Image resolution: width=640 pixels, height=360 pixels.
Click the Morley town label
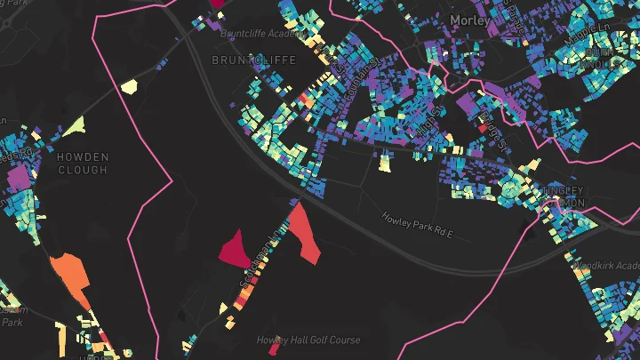pyautogui.click(x=470, y=19)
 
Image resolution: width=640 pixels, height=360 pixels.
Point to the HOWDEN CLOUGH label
pyautogui.click(x=83, y=164)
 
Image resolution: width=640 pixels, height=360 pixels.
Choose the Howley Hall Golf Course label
pyautogui.click(x=308, y=340)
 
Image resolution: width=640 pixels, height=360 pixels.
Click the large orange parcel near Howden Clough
pyautogui.click(x=70, y=275)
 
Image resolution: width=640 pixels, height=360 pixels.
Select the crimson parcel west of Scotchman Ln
pyautogui.click(x=233, y=248)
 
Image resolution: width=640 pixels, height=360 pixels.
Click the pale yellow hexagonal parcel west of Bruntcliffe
pyautogui.click(x=129, y=86)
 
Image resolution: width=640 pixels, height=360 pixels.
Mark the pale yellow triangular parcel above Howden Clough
pyautogui.click(x=74, y=127)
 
